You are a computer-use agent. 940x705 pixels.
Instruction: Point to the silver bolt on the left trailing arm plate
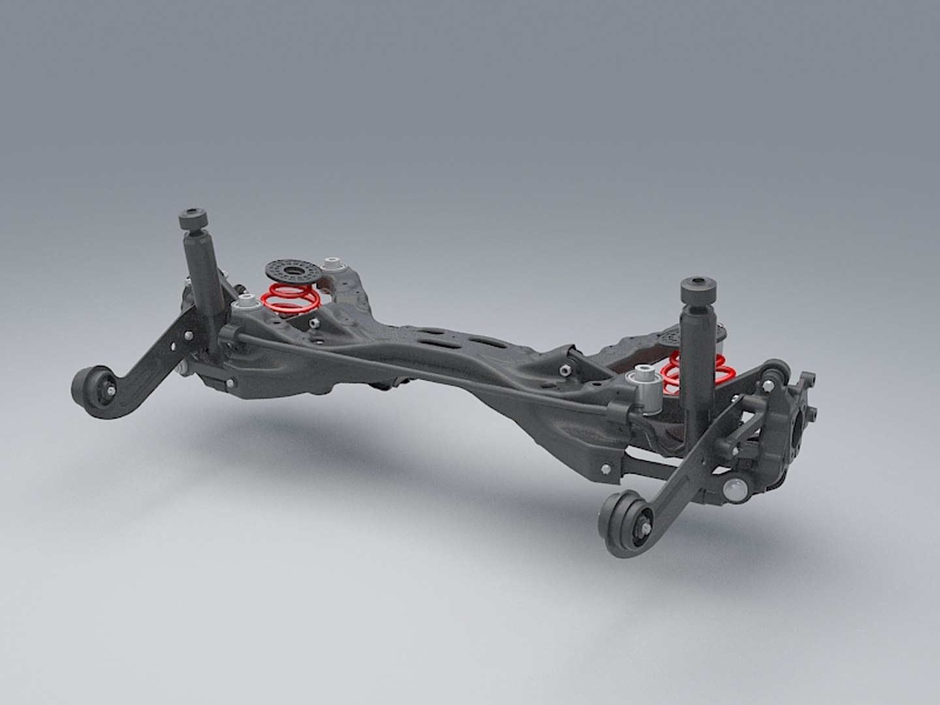[x=188, y=336]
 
